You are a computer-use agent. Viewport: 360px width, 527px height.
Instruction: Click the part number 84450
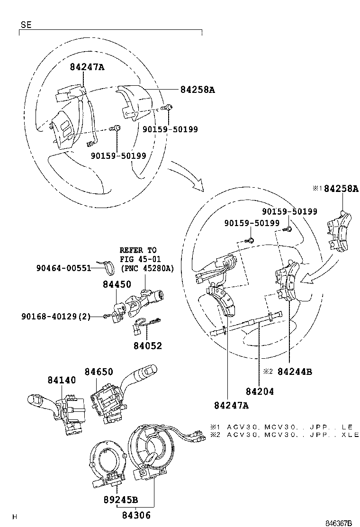coord(117,284)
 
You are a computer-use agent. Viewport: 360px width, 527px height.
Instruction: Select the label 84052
coord(148,345)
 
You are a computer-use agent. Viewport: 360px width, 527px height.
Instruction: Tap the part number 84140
coord(62,380)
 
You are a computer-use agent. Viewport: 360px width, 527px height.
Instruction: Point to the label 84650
coord(99,372)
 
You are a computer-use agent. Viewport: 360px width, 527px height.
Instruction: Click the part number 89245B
coord(121,500)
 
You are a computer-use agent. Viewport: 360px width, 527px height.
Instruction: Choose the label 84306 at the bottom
coord(136,515)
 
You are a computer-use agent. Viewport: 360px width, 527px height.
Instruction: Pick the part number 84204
coord(260,391)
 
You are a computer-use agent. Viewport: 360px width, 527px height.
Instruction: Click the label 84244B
coord(295,372)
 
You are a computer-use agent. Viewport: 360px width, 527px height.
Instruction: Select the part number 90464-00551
coord(64,268)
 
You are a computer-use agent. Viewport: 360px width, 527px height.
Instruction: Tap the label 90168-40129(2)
coord(56,316)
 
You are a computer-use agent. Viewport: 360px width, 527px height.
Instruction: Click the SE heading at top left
coord(26,25)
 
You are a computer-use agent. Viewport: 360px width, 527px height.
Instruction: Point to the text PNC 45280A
coord(147,268)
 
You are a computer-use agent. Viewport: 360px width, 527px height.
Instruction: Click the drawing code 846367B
coord(338,523)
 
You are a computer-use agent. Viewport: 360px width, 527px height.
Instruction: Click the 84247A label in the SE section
coord(87,67)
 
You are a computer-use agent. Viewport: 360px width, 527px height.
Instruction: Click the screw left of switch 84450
coord(107,316)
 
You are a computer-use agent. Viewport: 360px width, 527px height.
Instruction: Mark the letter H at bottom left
coord(14,517)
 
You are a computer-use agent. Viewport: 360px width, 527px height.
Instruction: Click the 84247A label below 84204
coord(231,405)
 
